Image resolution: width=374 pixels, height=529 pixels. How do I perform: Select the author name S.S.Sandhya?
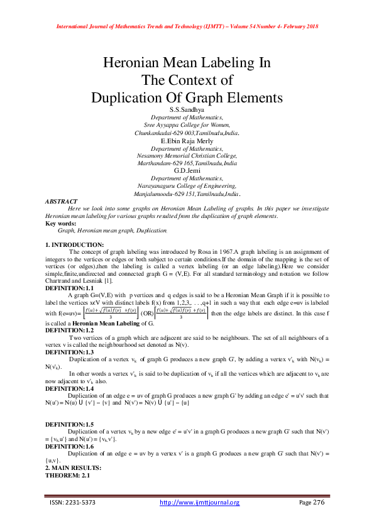pyautogui.click(x=187, y=109)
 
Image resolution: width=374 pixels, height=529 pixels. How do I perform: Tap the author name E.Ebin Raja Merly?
pyautogui.click(x=187, y=141)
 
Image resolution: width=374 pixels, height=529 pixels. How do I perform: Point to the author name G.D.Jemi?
pyautogui.click(x=187, y=171)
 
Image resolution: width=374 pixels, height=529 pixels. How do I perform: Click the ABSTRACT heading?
pyautogui.click(x=62, y=201)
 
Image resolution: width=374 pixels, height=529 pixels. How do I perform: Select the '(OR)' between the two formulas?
pyautogui.click(x=148, y=312)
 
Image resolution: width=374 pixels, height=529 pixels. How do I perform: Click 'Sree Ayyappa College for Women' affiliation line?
pyautogui.click(x=187, y=125)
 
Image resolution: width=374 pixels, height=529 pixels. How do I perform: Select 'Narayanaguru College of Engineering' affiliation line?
pyautogui.click(x=187, y=186)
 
